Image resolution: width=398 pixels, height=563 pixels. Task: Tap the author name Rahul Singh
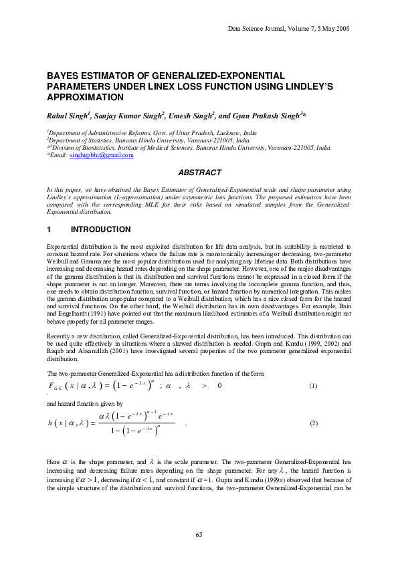[x=66, y=116]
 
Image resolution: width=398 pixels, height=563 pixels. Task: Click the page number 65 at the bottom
[x=199, y=534]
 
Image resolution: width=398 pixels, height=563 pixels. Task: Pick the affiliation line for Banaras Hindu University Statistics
[x=148, y=141]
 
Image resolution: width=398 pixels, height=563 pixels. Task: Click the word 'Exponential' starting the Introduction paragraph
[x=62, y=246]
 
